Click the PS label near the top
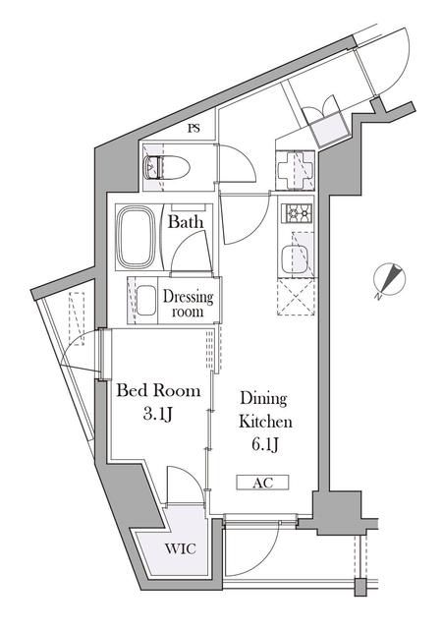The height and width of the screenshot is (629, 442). click(194, 129)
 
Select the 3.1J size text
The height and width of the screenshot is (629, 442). click(158, 416)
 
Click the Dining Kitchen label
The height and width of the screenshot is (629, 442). click(263, 410)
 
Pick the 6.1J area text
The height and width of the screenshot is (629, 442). click(263, 445)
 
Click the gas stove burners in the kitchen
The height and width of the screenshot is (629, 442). click(298, 211)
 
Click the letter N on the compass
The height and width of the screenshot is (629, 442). click(379, 295)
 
